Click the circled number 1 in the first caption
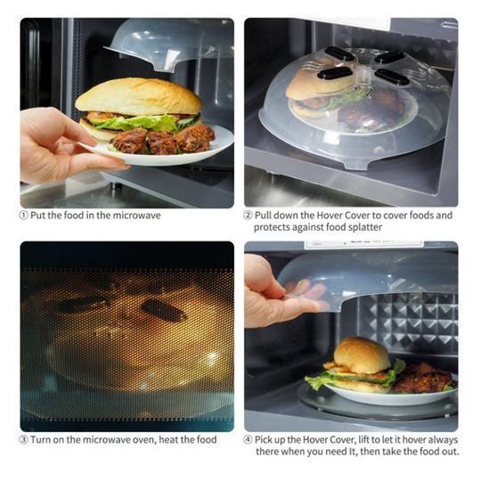pyautogui.click(x=24, y=216)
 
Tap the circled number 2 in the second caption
pyautogui.click(x=249, y=216)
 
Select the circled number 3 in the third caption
pyautogui.click(x=24, y=440)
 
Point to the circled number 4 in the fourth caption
pyautogui.click(x=249, y=440)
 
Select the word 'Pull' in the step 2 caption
pyautogui.click(x=263, y=216)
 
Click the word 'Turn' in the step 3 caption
pyautogui.click(x=39, y=440)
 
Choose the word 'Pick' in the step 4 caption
pyautogui.click(x=265, y=440)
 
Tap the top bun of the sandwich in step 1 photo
pyautogui.click(x=139, y=97)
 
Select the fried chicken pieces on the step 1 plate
pyautogui.click(x=163, y=140)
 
